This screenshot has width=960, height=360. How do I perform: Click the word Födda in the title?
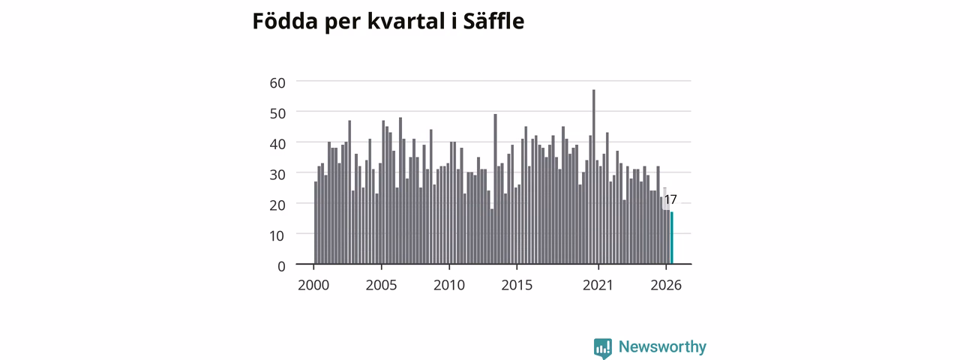tap(285, 20)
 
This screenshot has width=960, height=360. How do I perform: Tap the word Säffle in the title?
tap(493, 20)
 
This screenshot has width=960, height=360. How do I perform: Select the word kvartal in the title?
tap(406, 20)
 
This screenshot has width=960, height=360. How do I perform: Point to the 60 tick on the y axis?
tap(277, 82)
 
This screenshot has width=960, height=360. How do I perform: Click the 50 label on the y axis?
tap(277, 113)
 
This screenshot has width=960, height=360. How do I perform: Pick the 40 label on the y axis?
tap(277, 144)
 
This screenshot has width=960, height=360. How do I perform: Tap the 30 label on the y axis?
tap(277, 175)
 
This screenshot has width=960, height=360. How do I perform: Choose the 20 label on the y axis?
tap(277, 205)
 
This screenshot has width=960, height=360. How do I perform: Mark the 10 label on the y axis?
tap(277, 235)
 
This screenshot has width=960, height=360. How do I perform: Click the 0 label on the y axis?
tap(281, 266)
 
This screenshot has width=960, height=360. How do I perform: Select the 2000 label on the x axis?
tap(313, 285)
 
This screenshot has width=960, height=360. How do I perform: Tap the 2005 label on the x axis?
tap(382, 285)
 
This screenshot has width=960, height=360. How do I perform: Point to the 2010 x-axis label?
tap(449, 285)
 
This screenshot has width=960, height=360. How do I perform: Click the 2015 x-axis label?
tap(517, 285)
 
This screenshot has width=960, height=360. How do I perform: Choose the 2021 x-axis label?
tap(598, 285)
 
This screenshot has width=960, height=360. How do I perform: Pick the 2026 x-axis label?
tap(666, 285)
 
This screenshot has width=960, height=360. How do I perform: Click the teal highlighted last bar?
tap(672, 238)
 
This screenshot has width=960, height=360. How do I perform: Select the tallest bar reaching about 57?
tap(594, 176)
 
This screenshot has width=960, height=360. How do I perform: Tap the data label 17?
tap(670, 199)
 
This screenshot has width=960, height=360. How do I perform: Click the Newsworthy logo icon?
tap(602, 348)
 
